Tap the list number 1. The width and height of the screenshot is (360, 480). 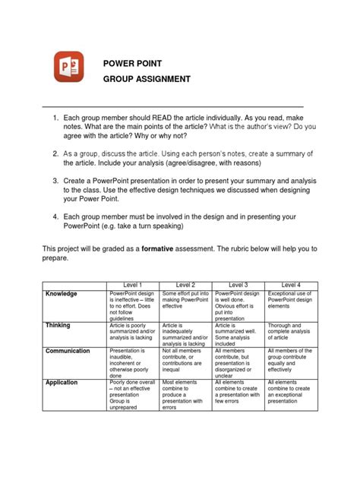[55, 120]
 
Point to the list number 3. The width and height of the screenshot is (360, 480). [55, 182]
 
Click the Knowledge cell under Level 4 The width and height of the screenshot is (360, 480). [290, 301]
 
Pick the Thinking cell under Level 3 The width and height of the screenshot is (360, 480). [238, 333]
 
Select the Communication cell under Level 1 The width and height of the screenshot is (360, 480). [134, 363]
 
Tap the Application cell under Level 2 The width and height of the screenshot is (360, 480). [186, 395]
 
